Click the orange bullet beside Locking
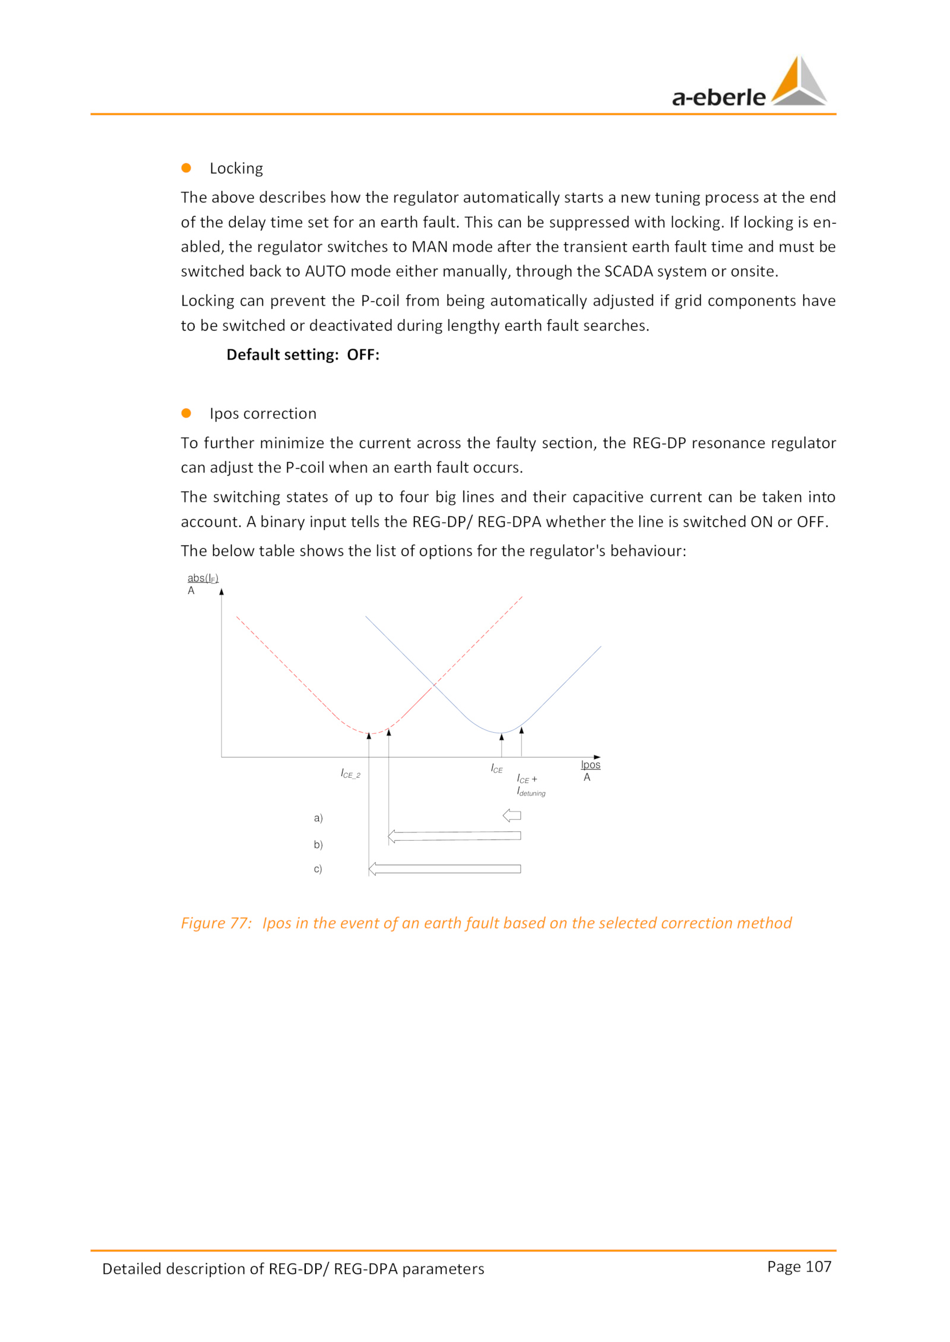coord(186,168)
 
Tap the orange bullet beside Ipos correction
coord(186,413)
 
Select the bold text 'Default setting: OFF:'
coord(303,355)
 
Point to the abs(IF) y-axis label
coord(202,578)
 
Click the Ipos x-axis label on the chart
coord(590,765)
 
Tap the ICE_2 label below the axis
coord(350,774)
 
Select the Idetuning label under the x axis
coord(531,792)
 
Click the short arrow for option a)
coord(512,815)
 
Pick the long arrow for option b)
coord(454,836)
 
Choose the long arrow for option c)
coord(445,869)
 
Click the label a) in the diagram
coord(318,818)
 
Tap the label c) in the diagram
coord(318,869)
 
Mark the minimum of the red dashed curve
coord(369,734)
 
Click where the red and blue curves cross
coord(434,685)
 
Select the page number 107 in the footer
coord(819,1267)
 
